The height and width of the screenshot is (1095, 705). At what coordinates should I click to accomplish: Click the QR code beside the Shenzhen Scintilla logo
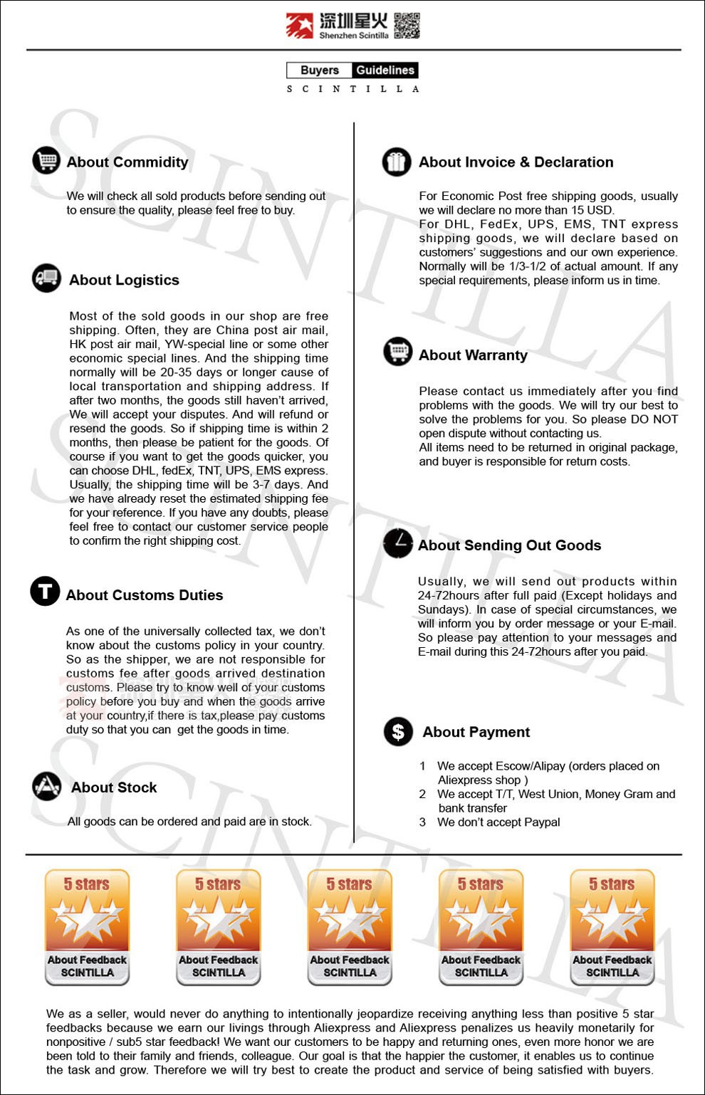click(x=407, y=25)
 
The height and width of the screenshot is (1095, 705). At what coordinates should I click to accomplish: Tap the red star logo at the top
click(x=300, y=25)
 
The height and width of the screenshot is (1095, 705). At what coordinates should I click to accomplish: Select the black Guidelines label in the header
click(x=385, y=70)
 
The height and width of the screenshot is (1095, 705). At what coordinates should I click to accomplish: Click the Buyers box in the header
click(x=319, y=70)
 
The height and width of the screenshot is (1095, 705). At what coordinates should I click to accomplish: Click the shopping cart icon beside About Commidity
click(x=46, y=159)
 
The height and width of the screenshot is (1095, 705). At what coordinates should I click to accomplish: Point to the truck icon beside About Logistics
click(x=47, y=278)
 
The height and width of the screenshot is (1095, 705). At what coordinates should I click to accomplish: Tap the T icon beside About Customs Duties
click(x=45, y=592)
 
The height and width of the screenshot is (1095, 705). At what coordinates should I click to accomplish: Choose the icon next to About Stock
click(x=47, y=786)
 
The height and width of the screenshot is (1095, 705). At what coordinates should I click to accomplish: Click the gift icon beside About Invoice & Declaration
click(x=397, y=162)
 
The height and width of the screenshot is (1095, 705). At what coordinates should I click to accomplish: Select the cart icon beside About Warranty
click(x=397, y=351)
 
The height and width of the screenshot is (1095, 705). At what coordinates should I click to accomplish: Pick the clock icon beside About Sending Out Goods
click(x=397, y=543)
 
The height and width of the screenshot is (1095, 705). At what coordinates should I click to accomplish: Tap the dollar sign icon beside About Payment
click(x=398, y=731)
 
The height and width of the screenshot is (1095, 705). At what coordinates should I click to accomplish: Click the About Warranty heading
click(x=473, y=355)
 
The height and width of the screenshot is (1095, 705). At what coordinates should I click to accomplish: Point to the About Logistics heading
click(x=124, y=280)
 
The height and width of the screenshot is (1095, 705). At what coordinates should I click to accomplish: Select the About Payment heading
click(x=476, y=732)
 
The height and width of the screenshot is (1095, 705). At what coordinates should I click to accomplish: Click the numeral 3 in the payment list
click(x=422, y=822)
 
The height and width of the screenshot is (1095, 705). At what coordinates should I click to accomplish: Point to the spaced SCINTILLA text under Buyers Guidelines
click(x=352, y=89)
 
